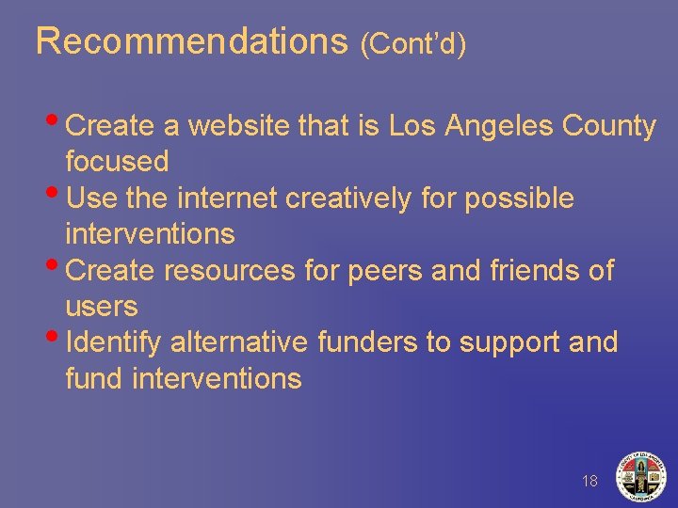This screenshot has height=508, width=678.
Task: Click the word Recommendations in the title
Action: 192,41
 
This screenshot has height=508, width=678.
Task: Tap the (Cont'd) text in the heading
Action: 413,43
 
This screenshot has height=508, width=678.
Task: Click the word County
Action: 608,125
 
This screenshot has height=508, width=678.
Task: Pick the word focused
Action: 117,161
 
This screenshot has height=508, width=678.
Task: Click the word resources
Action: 231,271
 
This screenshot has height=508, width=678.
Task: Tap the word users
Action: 102,307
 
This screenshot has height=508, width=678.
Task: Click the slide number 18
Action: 589,482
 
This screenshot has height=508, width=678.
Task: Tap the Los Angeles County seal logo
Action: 640,476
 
